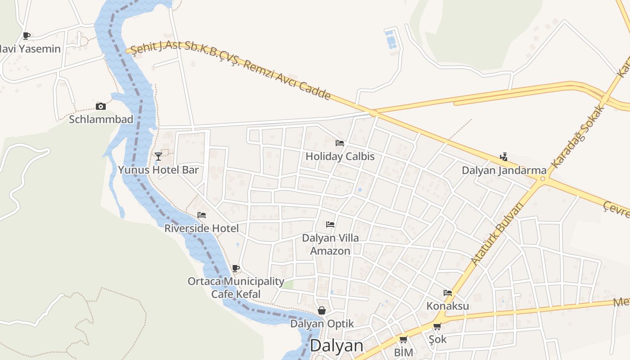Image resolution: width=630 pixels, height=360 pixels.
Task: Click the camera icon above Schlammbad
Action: pos(101,107)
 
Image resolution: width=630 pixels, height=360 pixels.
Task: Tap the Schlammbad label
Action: pos(101,119)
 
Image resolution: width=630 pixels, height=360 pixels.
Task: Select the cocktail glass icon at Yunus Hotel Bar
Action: pos(158,157)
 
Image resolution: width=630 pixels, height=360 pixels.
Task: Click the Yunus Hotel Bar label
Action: pos(158,170)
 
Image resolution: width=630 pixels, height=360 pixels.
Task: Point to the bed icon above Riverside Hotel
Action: pos(202,215)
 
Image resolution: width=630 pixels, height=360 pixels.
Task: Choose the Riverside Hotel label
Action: pos(202,228)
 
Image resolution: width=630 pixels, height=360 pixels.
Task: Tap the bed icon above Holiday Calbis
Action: pos(340,143)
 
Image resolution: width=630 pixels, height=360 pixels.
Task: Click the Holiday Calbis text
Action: pos(340,157)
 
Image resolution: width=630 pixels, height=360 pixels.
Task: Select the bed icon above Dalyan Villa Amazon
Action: pos(330,224)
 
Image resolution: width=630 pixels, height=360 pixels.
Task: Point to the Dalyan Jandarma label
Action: pos(504,171)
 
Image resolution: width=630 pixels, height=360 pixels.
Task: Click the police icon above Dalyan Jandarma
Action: pos(504,157)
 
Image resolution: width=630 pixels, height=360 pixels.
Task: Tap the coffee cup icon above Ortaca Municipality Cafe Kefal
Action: pos(235,269)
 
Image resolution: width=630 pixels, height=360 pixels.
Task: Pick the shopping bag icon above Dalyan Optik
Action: pos(322,310)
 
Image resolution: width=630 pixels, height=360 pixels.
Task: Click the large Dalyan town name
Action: pos(337,346)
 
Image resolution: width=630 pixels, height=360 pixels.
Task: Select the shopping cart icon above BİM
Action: pos(403,340)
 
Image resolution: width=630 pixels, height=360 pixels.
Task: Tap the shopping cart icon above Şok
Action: pos(437,326)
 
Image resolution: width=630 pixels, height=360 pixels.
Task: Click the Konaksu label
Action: pos(448,306)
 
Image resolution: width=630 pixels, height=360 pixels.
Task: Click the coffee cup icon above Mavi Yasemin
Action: pos(27,36)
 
